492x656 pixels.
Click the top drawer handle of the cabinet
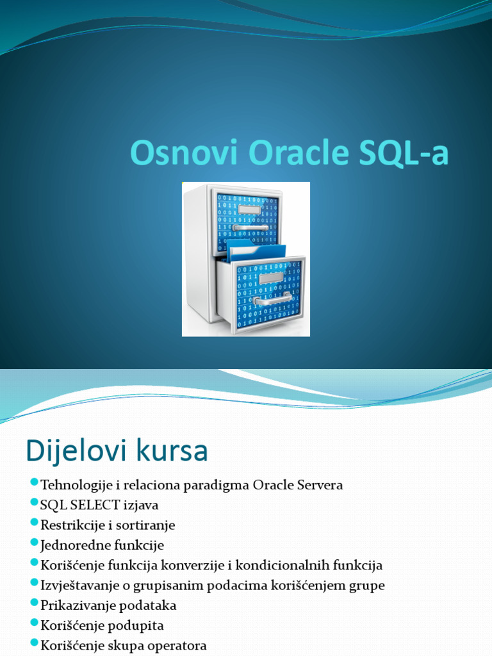point(250,227)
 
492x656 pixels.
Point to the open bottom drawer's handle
point(273,299)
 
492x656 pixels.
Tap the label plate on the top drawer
point(249,209)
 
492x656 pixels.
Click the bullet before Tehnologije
point(34,482)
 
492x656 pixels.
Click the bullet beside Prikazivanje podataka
point(34,603)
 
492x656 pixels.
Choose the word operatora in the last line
point(176,646)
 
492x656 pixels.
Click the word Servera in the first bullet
point(319,485)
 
